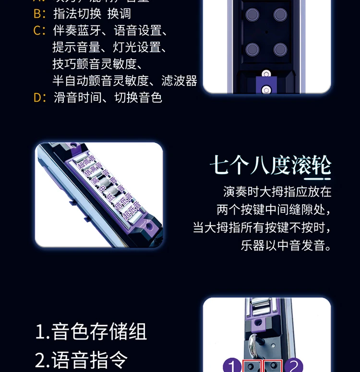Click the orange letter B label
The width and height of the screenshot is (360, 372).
pos(38,14)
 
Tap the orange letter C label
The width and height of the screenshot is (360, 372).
pos(38,31)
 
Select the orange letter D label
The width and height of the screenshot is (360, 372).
pos(38,98)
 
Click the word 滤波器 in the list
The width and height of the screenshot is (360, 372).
pos(179,81)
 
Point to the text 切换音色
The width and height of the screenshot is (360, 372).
pos(138,98)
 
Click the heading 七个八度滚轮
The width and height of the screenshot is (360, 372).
pos(270,166)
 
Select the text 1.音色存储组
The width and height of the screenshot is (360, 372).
pos(91,332)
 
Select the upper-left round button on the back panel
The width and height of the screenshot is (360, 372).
pos(252,15)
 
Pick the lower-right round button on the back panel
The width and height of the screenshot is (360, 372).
pos(280,49)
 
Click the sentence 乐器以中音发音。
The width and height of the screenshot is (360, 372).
pos(286,245)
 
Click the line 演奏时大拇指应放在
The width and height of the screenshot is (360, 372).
pos(277,192)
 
